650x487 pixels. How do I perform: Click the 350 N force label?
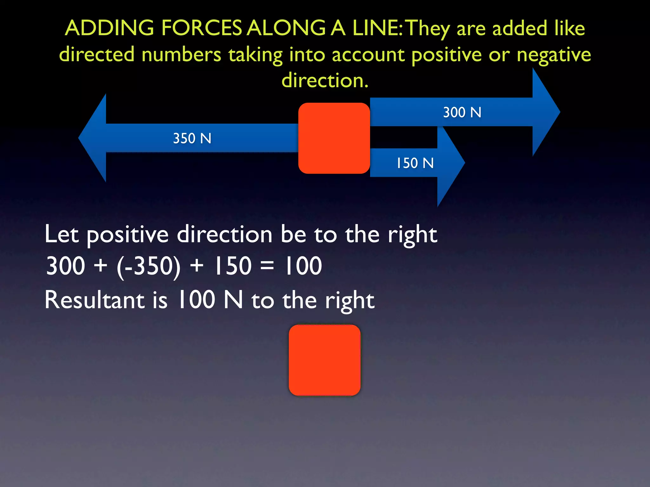point(192,139)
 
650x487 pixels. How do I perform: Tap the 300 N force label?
point(462,113)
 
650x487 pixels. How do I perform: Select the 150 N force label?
point(415,163)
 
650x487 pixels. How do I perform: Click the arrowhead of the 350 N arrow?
point(93,138)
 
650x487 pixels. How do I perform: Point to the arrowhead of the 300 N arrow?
point(546,112)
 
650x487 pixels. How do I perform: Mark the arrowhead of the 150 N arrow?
point(450,163)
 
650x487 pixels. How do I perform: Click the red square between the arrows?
point(334,138)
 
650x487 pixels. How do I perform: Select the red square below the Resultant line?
point(324,360)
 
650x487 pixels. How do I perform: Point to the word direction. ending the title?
point(325,80)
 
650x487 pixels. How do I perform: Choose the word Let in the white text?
point(62,234)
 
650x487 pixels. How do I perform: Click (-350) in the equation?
point(149,266)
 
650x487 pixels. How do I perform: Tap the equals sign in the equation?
point(267,266)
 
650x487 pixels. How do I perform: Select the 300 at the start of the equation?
point(66,266)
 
